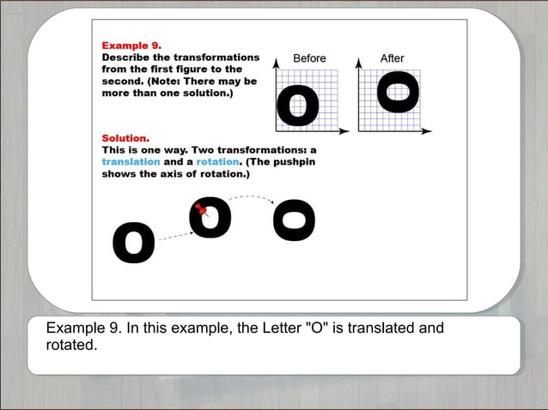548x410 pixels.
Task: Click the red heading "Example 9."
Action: click(131, 45)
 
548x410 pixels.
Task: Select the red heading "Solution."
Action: click(125, 137)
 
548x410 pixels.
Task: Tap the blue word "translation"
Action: click(131, 161)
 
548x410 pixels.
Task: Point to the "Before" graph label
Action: click(309, 58)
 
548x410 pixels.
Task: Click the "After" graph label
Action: click(392, 58)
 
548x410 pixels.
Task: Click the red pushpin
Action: click(201, 208)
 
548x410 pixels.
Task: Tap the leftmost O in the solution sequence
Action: click(134, 244)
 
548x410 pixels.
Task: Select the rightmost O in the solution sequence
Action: click(294, 220)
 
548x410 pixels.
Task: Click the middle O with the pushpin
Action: click(211, 219)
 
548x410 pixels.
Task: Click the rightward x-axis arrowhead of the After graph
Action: click(428, 131)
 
